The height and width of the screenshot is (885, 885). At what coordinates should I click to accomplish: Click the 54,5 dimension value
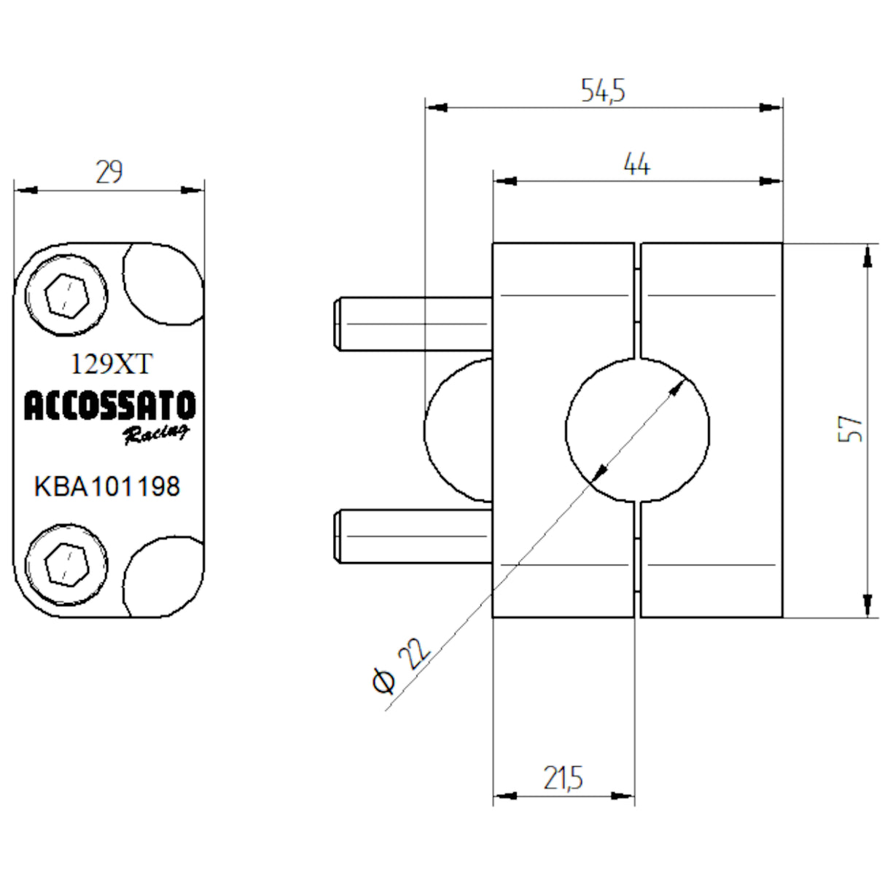tap(603, 90)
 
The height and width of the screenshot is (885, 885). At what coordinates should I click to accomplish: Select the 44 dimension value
tap(636, 165)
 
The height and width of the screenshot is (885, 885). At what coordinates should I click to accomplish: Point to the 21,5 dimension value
tap(563, 779)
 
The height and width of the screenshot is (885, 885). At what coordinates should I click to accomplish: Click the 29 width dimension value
tap(109, 173)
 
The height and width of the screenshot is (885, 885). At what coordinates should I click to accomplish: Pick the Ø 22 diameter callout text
tap(400, 665)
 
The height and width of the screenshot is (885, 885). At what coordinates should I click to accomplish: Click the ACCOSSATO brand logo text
tap(109, 406)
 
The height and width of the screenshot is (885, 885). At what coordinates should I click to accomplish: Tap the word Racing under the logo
tap(155, 434)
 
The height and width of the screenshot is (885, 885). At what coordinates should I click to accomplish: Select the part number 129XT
tap(111, 364)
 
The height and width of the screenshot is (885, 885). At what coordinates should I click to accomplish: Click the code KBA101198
tap(107, 486)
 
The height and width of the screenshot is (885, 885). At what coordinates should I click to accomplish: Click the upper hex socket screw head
tap(66, 296)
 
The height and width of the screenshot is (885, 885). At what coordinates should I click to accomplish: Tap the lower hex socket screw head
tap(66, 564)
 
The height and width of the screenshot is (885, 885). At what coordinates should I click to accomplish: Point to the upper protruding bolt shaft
tap(413, 324)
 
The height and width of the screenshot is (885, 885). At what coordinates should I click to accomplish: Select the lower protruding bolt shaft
tap(413, 536)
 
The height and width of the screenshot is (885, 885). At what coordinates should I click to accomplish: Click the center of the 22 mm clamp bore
tap(637, 430)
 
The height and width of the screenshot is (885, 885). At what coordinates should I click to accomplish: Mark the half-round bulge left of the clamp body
tap(458, 430)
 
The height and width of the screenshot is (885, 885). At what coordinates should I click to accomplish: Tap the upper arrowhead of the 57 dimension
tap(867, 256)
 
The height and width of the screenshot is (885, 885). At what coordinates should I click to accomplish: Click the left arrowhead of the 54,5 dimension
tap(437, 107)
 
